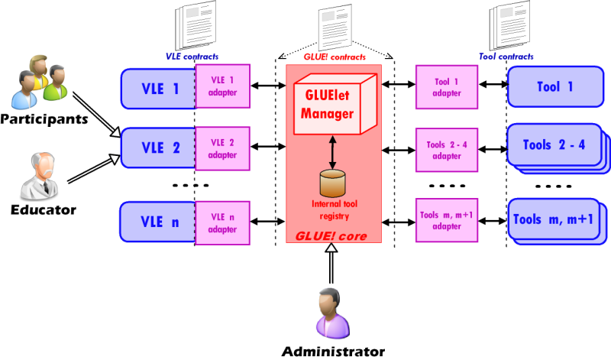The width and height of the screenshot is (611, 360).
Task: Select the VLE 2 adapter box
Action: pos(222,147)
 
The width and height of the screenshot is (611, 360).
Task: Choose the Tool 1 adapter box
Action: pos(448,87)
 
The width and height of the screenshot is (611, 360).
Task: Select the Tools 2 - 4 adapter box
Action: pos(448,144)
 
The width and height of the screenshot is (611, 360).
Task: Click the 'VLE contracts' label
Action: pos(190,56)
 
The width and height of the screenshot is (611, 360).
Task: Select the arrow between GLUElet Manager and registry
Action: pos(332,152)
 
